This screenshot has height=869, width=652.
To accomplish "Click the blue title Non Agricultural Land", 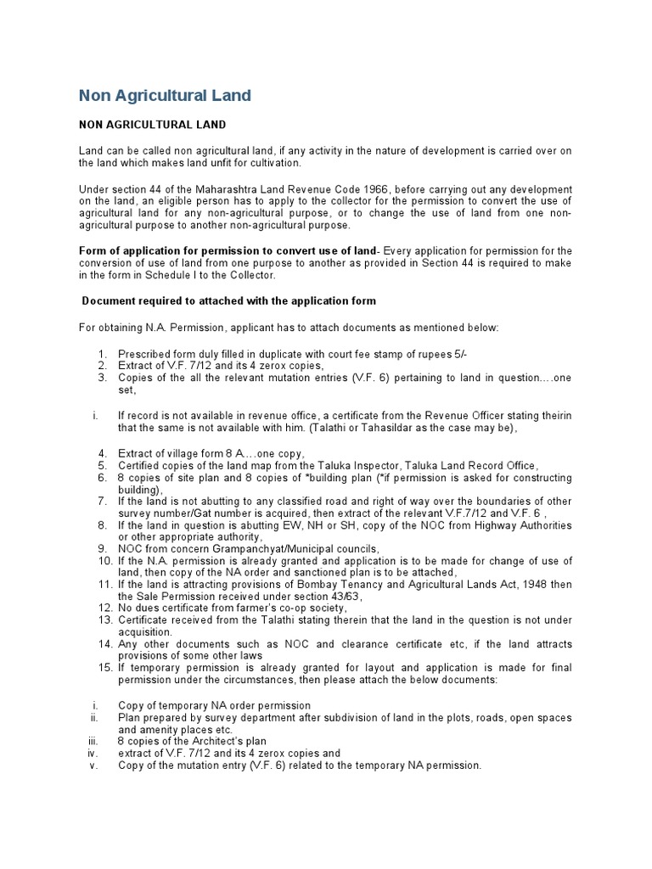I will pos(165,95).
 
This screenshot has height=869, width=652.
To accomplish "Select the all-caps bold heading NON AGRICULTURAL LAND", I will pos(152,125).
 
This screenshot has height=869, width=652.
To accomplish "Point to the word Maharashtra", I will pos(235,188).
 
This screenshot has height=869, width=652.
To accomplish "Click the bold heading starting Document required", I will pos(228,301).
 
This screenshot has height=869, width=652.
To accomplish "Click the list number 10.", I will pos(105,562).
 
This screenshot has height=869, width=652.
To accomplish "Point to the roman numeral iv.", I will pos(93,753).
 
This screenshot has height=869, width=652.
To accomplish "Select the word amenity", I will pos(138,729).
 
